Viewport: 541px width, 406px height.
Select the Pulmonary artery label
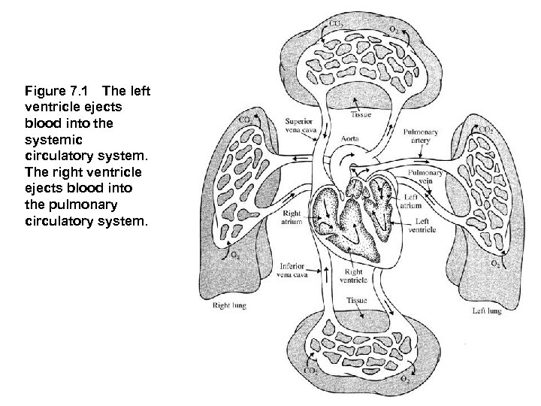tap(420, 135)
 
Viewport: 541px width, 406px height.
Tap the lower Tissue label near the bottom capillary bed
tap(356, 300)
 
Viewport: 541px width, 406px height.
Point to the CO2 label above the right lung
tap(245, 120)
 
